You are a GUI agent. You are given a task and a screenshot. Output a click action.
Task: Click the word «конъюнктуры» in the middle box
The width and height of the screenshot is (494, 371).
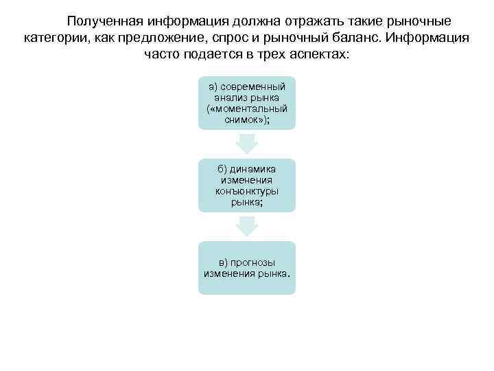point(247,192)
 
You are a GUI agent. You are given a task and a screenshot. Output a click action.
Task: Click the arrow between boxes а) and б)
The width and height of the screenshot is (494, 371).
point(247,143)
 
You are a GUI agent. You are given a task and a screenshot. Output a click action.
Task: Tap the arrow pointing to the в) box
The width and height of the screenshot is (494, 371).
point(247,226)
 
